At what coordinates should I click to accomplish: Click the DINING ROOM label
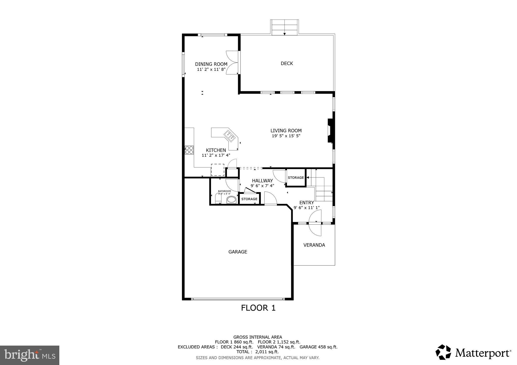pyautogui.click(x=211, y=64)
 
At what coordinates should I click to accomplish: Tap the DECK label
pyautogui.click(x=287, y=64)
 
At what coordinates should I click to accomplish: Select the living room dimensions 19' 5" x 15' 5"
pyautogui.click(x=286, y=136)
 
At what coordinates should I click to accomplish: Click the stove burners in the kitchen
pyautogui.click(x=189, y=150)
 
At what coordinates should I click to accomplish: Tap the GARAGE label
pyautogui.click(x=238, y=252)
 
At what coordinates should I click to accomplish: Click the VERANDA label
pyautogui.click(x=314, y=245)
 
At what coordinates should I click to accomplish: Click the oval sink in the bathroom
pyautogui.click(x=231, y=200)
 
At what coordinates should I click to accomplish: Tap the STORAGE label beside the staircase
pyautogui.click(x=296, y=178)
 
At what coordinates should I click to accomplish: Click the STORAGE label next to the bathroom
pyautogui.click(x=249, y=199)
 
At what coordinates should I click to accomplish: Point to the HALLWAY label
pyautogui.click(x=262, y=181)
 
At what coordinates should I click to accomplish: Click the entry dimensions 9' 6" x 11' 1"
pyautogui.click(x=306, y=208)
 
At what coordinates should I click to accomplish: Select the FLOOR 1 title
pyautogui.click(x=258, y=308)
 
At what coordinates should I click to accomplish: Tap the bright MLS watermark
pyautogui.click(x=30, y=355)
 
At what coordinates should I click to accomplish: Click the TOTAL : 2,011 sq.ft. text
pyautogui.click(x=257, y=352)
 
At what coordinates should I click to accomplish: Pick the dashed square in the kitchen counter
pyautogui.click(x=218, y=170)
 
